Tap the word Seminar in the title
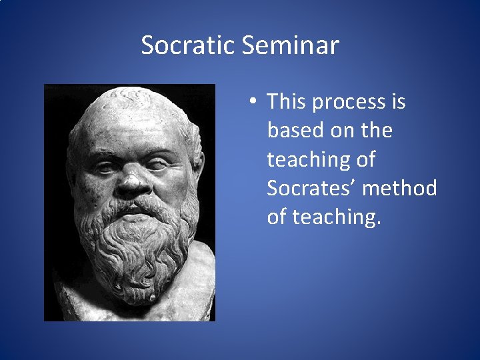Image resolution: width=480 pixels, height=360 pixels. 291,46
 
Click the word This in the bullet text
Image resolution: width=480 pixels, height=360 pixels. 287,102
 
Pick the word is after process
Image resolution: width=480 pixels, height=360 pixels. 398,102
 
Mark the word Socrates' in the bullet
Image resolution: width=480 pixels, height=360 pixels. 311,189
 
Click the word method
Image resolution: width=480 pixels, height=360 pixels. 401,189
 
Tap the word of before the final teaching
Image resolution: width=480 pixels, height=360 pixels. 277,217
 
